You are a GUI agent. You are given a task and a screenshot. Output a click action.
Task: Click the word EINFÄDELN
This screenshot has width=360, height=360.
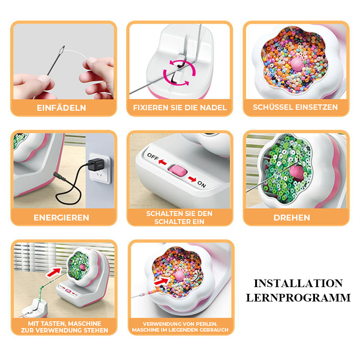tap(61, 108)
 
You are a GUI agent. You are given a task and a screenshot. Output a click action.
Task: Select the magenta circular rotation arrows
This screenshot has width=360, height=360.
tap(179, 73)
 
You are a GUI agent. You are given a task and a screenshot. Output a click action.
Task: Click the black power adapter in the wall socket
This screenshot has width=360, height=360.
tap(94, 164)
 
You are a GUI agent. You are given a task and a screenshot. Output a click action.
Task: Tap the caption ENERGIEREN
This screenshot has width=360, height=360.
tap(61, 218)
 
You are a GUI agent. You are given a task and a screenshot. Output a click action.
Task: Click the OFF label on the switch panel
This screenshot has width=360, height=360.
tap(153, 157)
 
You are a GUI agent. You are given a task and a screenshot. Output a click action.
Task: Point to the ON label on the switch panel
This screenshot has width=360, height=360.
tap(202, 184)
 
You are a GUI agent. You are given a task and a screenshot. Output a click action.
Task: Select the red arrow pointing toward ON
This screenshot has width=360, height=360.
tap(192, 179)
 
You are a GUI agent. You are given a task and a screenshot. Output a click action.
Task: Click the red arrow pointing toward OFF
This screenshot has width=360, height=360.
tap(162, 162)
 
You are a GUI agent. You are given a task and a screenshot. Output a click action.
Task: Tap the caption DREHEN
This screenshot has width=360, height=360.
tap(292, 218)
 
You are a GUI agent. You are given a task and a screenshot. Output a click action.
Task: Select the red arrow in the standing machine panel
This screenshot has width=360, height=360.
tap(54, 273)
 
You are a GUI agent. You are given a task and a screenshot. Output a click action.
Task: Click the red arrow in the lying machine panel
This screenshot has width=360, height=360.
tap(162, 281)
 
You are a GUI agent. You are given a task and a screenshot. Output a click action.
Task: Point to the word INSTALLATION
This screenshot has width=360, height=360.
tap(298, 283)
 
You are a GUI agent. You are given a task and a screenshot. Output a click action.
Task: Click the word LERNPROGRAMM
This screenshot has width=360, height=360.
tap(298, 298)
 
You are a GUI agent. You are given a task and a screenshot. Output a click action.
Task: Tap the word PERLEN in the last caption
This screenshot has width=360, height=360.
tap(206, 324)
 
